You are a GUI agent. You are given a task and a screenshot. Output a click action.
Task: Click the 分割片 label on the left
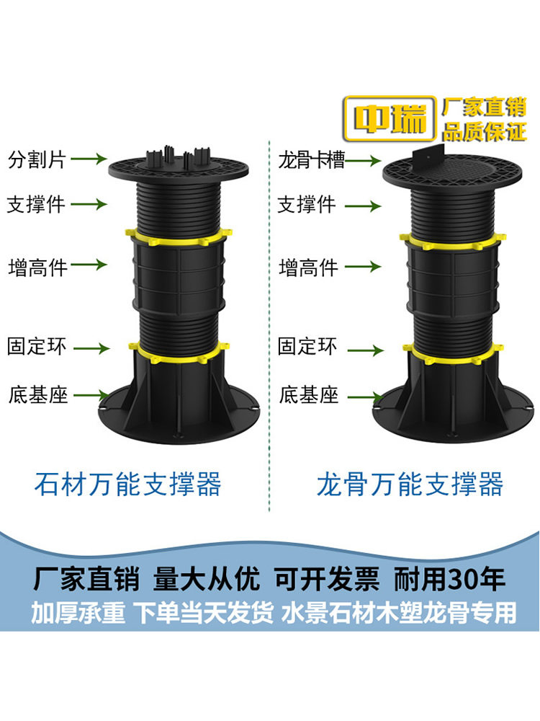(x=37, y=159)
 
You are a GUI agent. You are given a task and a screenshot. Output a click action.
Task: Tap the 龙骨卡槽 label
(x=311, y=161)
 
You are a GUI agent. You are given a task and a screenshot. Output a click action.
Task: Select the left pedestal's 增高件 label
(x=37, y=267)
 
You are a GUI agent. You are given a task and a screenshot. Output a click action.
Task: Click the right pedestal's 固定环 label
(x=307, y=346)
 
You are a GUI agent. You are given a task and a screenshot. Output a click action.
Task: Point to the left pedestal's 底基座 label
(x=38, y=395)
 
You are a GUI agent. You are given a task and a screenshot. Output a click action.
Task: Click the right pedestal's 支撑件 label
(x=307, y=204)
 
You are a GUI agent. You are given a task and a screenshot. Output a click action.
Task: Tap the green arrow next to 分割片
(x=89, y=159)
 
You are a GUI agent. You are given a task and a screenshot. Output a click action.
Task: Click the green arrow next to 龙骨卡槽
(x=363, y=161)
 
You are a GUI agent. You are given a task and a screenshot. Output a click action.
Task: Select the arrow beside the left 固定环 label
(x=91, y=348)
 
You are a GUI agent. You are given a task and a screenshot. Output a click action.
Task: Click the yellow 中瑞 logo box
(x=390, y=118)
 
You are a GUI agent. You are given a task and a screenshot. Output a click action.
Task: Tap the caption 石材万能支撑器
(x=128, y=485)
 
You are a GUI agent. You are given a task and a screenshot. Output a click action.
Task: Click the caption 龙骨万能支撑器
(x=410, y=485)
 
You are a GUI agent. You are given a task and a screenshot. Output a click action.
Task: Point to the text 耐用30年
(x=449, y=579)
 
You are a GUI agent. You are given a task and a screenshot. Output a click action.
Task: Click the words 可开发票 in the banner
(x=327, y=579)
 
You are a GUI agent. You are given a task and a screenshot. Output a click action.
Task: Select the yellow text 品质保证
(x=484, y=131)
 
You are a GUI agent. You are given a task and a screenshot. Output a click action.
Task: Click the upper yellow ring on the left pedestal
(x=179, y=234)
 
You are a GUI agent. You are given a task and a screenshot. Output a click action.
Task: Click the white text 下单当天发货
(x=204, y=613)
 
